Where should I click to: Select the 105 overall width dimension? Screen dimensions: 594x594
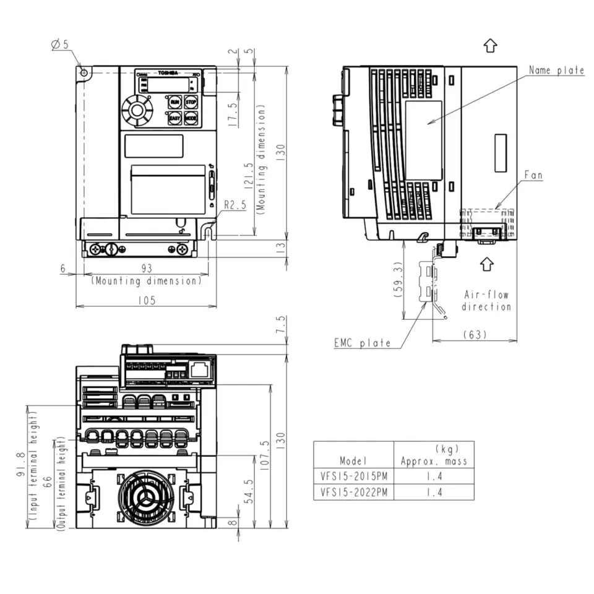pyautogui.click(x=147, y=299)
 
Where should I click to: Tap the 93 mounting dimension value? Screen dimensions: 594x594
pyautogui.click(x=147, y=268)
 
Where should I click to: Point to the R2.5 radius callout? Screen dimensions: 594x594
pyautogui.click(x=235, y=204)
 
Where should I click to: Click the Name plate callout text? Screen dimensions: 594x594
pyautogui.click(x=556, y=71)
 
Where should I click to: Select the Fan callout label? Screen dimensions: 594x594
pyautogui.click(x=533, y=176)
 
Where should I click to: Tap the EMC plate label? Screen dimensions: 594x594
pyautogui.click(x=362, y=343)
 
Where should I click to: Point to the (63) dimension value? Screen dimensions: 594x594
pyautogui.click(x=475, y=334)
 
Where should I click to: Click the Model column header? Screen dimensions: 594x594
pyautogui.click(x=353, y=460)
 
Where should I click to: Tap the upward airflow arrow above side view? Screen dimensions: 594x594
pyautogui.click(x=489, y=45)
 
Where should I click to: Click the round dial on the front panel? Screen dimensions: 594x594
pyautogui.click(x=137, y=111)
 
